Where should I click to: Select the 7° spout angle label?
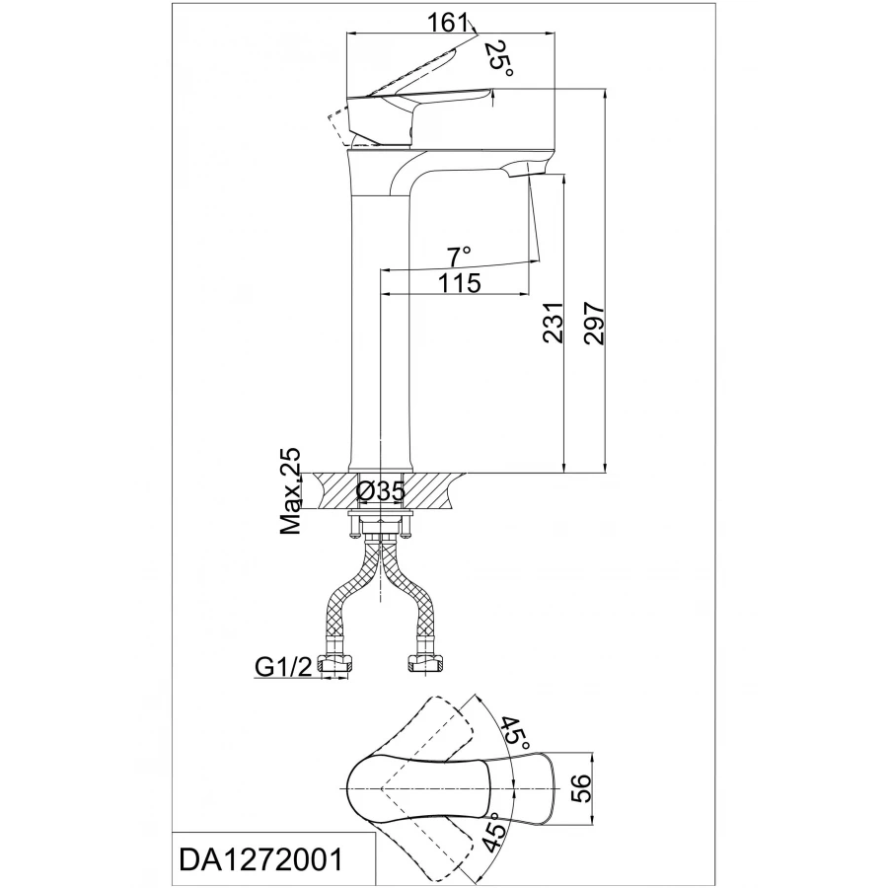coord(459,257)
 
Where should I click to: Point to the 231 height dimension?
coord(554,323)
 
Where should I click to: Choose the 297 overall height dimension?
coord(593,323)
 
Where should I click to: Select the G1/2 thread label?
coord(284,668)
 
